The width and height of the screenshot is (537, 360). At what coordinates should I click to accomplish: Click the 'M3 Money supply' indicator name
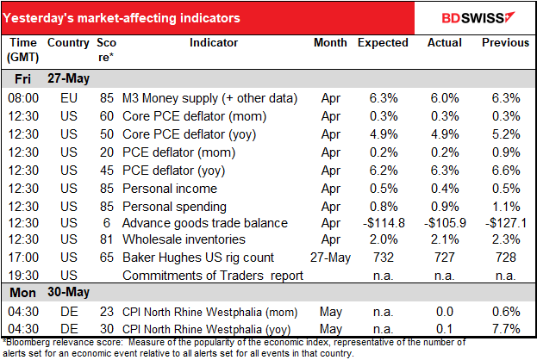[193, 102]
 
